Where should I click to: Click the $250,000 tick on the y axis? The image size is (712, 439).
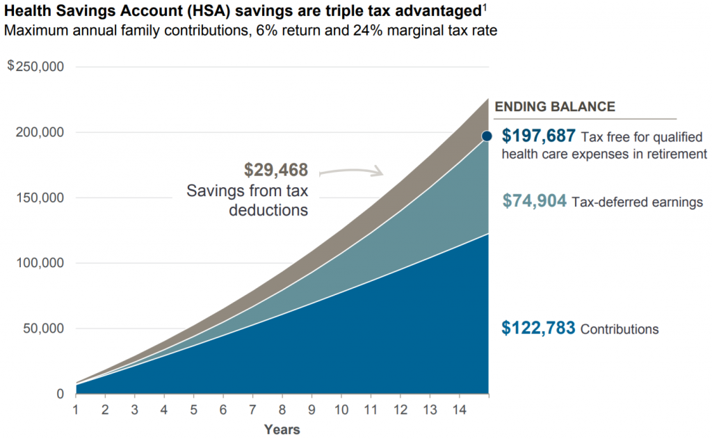click(35, 67)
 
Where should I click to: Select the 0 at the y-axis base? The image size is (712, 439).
click(61, 394)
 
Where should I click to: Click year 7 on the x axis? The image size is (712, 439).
click(252, 410)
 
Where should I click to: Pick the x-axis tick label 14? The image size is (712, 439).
click(459, 410)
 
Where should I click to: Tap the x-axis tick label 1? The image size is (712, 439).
click(76, 410)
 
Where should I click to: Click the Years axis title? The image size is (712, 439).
click(282, 429)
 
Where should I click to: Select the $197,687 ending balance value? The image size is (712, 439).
click(539, 136)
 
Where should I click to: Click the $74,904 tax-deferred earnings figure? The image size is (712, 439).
click(535, 201)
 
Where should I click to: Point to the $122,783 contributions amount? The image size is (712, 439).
click(538, 328)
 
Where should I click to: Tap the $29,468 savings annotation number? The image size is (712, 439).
click(276, 170)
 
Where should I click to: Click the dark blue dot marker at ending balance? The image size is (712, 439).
click(487, 136)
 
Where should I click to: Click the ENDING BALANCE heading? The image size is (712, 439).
click(554, 106)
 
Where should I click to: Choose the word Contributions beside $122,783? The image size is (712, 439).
click(620, 329)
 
